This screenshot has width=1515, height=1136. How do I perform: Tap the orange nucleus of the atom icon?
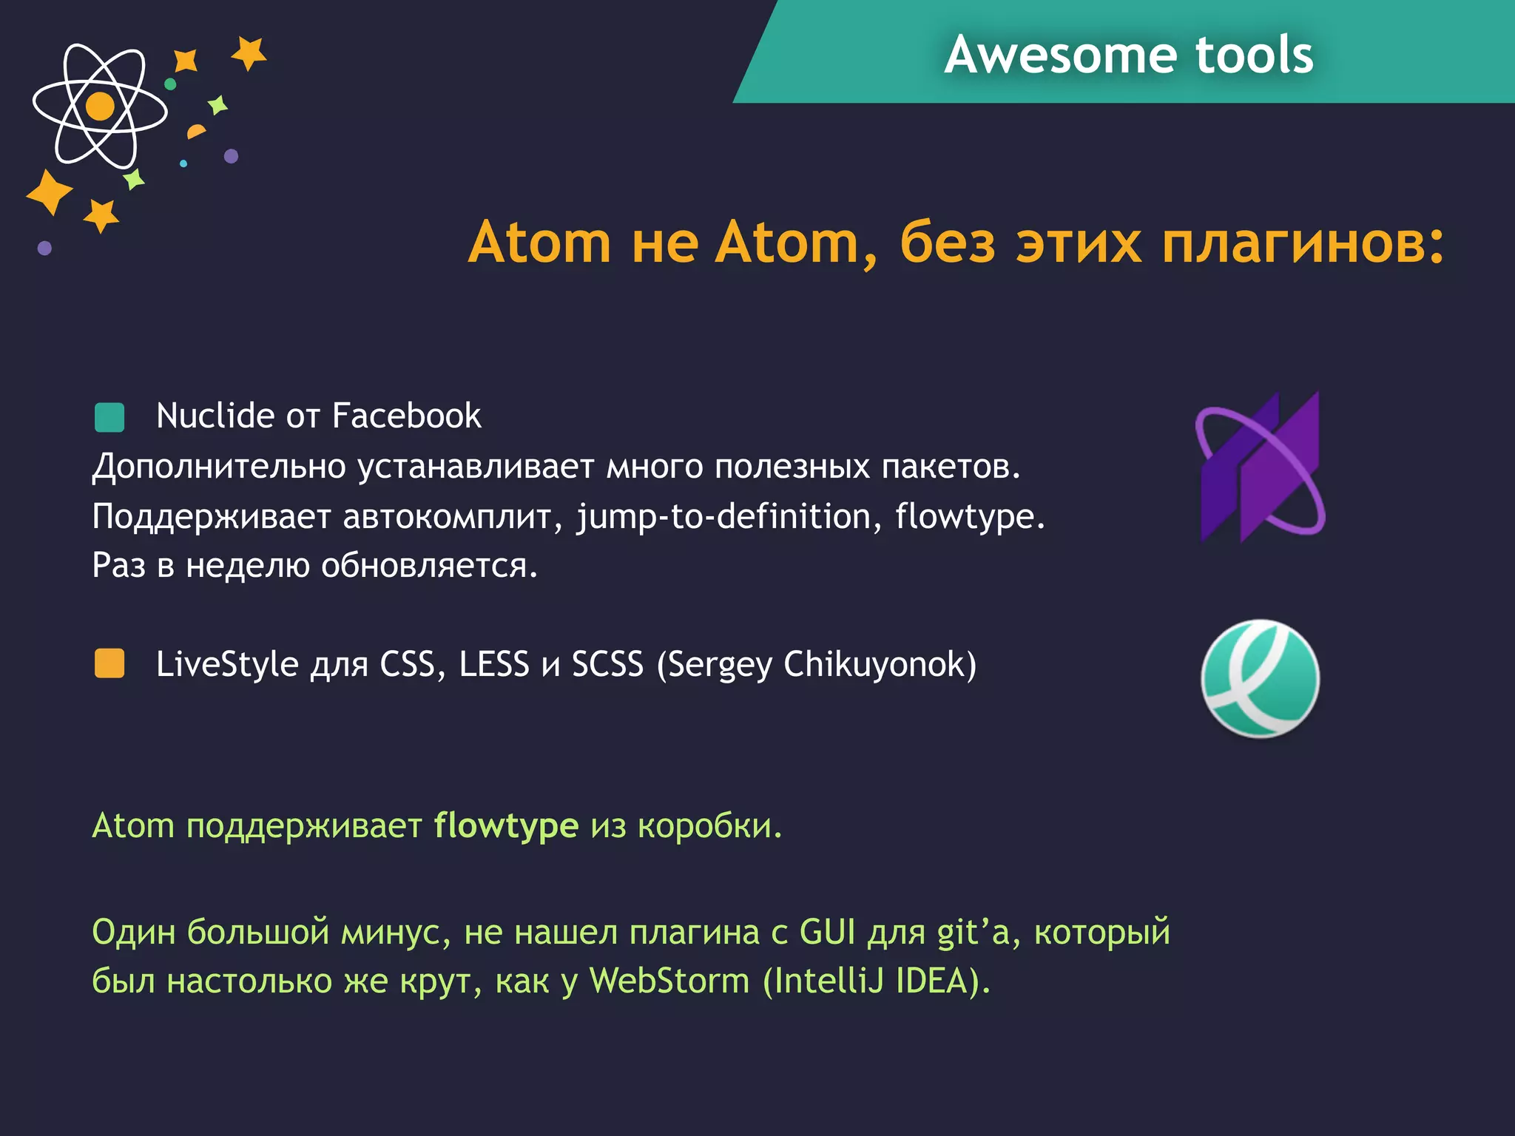click(x=101, y=106)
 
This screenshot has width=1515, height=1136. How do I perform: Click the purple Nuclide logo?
click(x=1261, y=467)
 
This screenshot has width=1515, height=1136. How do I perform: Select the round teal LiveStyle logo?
click(x=1260, y=678)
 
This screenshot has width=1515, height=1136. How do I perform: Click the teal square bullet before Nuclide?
click(x=109, y=417)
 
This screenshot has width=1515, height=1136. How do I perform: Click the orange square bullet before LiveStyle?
click(x=109, y=663)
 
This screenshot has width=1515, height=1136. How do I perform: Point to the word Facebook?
click(x=406, y=416)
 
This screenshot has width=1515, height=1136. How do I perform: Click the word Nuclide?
click(x=215, y=416)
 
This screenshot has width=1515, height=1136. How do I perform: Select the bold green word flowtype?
click(x=506, y=826)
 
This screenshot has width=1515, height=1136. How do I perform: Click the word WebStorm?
click(x=669, y=981)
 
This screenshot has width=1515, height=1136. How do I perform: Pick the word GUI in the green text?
click(x=827, y=932)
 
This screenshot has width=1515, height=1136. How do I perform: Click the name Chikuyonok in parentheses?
click(x=879, y=665)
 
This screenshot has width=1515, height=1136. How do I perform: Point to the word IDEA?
click(x=932, y=981)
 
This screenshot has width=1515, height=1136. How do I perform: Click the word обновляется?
click(x=429, y=566)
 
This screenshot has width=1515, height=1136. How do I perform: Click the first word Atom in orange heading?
click(x=539, y=243)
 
